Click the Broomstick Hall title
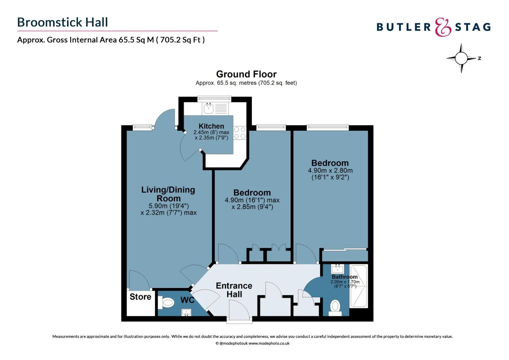(63, 22)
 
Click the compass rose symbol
(461, 58)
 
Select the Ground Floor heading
(246, 74)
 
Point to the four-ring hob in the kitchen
(240, 133)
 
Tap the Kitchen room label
(211, 126)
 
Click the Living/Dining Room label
(168, 194)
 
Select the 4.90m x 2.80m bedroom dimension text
(330, 170)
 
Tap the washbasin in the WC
(187, 312)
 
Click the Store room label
(140, 297)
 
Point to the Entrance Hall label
(234, 290)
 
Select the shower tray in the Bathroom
(359, 286)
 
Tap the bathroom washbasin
(337, 269)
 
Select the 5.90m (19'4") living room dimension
(169, 206)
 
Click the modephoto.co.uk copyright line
(253, 343)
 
